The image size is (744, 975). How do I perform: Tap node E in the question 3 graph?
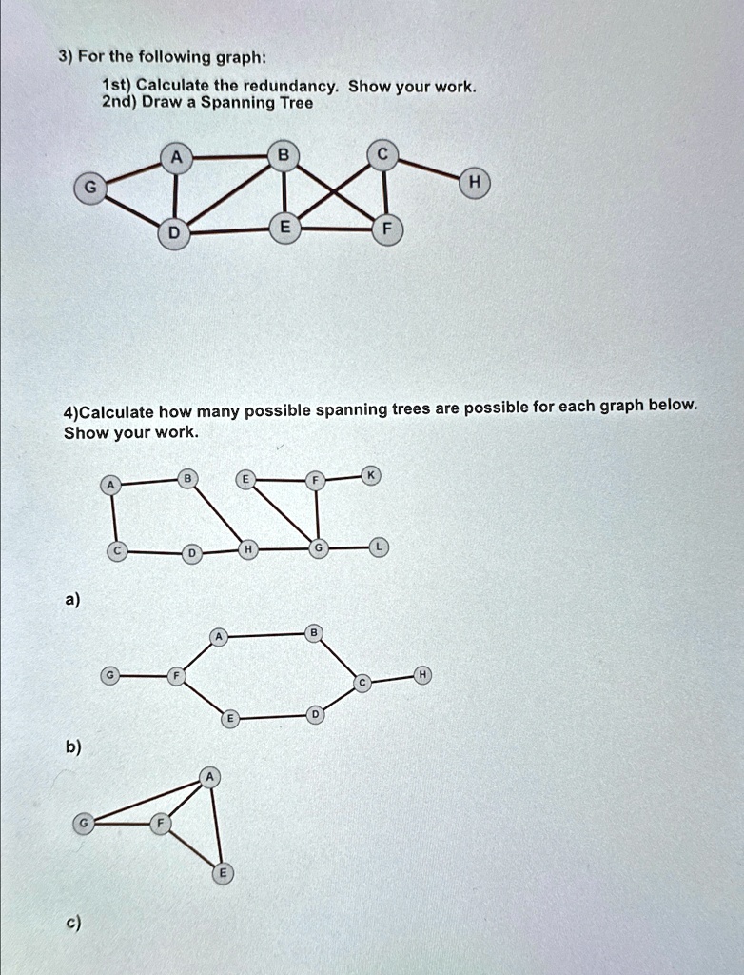[284, 226]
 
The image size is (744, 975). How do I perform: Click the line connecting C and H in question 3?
[427, 169]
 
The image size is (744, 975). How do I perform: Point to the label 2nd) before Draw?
[120, 103]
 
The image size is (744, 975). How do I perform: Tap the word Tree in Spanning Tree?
[295, 103]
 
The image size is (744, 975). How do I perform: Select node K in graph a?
[372, 476]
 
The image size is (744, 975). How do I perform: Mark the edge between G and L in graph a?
[346, 548]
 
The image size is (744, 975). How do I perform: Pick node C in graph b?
[361, 684]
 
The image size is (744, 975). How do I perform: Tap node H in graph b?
[422, 675]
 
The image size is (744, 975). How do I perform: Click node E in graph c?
[223, 872]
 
